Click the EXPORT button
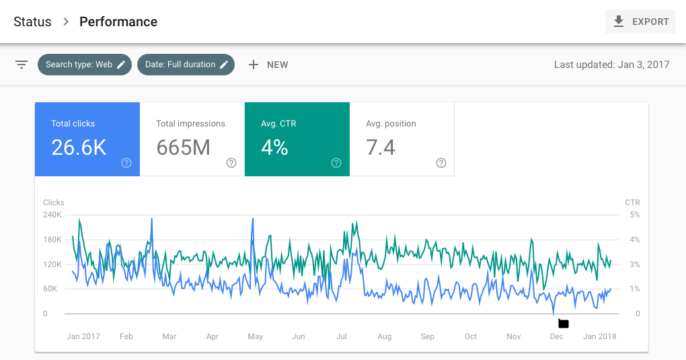640,22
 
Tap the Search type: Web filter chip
85,65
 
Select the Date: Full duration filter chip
186,65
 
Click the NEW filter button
268,65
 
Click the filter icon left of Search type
22,65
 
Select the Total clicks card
87,139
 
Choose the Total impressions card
192,139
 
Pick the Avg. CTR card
297,139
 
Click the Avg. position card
402,139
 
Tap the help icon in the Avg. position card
441,163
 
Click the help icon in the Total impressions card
231,163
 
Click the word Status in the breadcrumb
32,22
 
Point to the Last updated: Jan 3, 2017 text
611,65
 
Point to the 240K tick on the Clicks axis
52,215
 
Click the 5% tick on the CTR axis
634,215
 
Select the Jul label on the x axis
341,336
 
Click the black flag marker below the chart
564,324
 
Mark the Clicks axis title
54,203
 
